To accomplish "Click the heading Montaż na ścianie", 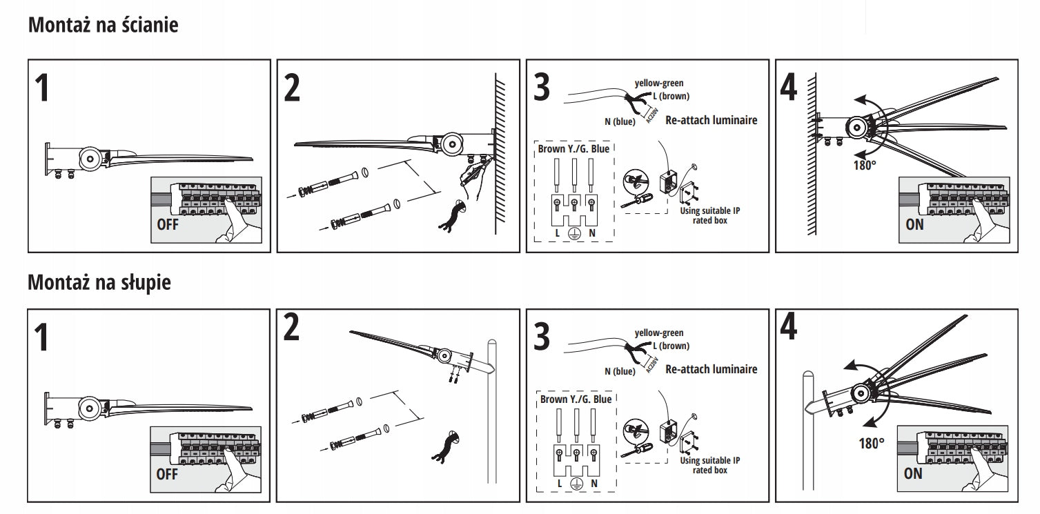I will click(x=104, y=26).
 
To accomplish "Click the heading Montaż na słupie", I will click(x=99, y=282).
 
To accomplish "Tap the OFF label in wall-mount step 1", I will click(x=167, y=224).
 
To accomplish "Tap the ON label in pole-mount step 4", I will click(x=913, y=473).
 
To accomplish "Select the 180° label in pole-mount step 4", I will click(x=872, y=443).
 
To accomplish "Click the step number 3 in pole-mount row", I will click(x=542, y=337).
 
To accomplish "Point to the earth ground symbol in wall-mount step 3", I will click(x=573, y=234).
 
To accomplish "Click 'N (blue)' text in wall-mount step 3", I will click(x=619, y=122).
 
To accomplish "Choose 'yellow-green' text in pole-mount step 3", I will click(x=659, y=333).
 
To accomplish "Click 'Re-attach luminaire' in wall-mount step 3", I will click(x=712, y=120).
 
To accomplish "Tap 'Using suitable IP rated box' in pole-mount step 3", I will click(x=710, y=465).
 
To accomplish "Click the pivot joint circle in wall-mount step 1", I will click(x=90, y=158).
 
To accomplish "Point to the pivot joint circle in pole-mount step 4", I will click(x=861, y=394).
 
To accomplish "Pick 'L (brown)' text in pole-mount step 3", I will click(x=671, y=346).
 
